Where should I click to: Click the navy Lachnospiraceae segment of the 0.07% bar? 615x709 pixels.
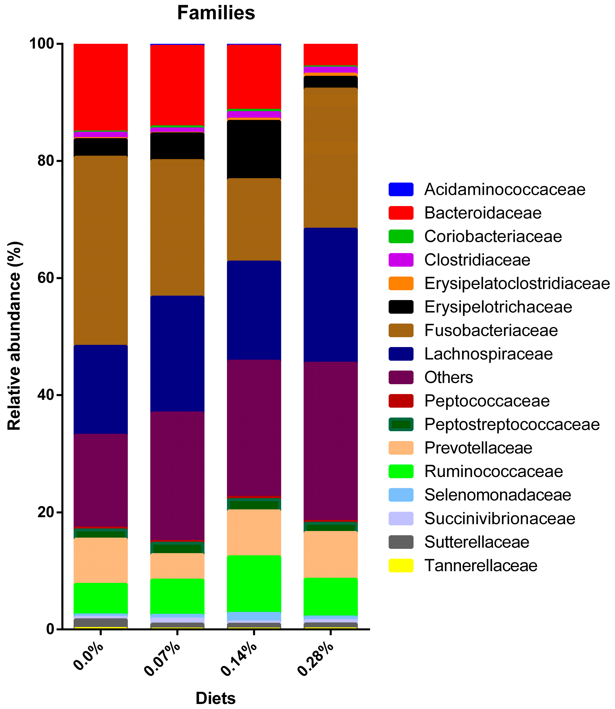point(177,353)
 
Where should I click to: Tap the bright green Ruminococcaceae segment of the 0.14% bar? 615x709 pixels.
point(254,583)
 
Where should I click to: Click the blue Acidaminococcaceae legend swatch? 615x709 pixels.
point(401,189)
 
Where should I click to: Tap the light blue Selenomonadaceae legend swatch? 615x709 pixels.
point(401,495)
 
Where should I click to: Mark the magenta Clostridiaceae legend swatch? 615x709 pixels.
point(401,260)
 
